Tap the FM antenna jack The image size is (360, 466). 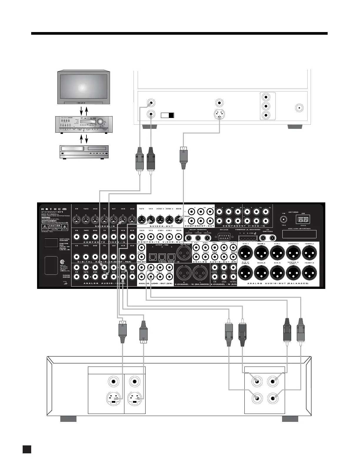point(284,219)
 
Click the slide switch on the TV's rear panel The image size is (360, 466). point(168,115)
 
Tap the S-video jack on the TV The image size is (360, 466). point(219,114)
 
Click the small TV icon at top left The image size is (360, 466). point(83,87)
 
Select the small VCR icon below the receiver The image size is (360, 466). point(83,152)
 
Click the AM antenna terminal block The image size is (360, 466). point(303,219)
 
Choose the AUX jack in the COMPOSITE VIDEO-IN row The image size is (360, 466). point(132,237)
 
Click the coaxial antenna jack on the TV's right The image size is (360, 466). point(299,108)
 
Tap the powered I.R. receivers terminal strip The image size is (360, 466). point(248,238)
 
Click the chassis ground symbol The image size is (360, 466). point(65,283)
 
